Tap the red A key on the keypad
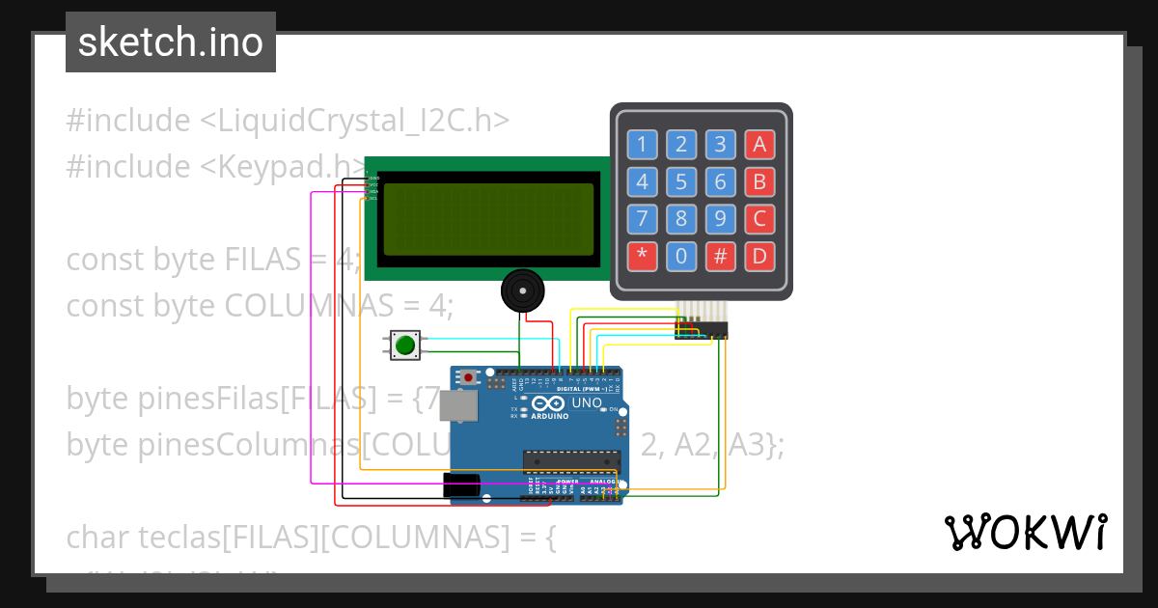pos(759,145)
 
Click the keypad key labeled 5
pos(681,181)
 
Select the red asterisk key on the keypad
pos(642,256)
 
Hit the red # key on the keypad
pos(720,256)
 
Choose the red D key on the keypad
pos(759,256)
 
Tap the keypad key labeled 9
pos(720,219)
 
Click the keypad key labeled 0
pos(681,256)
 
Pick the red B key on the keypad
pos(759,181)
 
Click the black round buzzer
pos(523,290)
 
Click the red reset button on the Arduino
pos(469,377)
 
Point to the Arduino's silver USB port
pos(457,408)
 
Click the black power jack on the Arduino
pos(461,484)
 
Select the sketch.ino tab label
pos(171,42)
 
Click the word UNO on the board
pos(587,403)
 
